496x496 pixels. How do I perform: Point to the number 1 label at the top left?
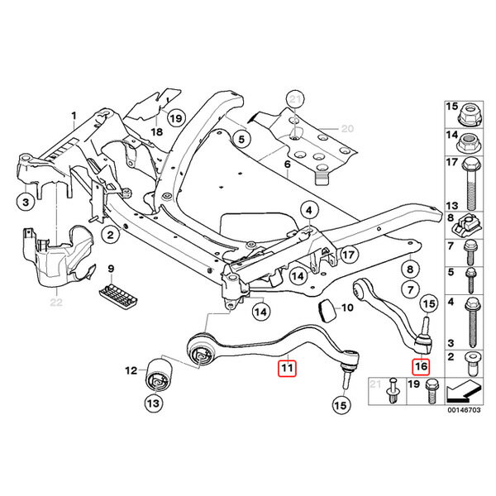click(73, 115)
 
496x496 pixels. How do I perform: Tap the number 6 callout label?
click(287, 165)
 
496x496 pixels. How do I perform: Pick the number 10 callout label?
click(347, 308)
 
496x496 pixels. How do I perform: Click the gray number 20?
click(347, 128)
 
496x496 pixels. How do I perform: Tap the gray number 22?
click(55, 303)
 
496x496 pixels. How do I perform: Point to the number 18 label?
click(155, 132)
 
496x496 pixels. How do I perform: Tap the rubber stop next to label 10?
click(327, 310)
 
